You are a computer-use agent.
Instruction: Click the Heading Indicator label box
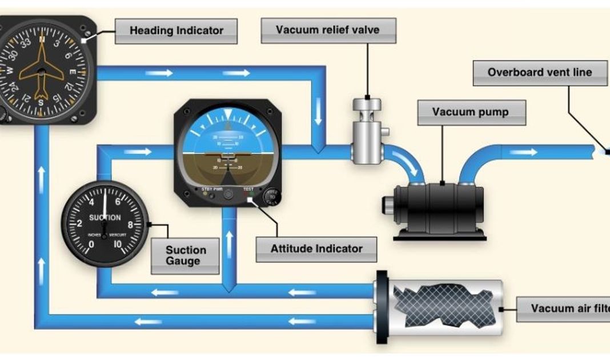[176, 31]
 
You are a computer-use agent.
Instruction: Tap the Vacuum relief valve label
[327, 30]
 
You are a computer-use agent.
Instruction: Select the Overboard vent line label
[539, 73]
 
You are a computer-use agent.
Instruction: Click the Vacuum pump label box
[471, 112]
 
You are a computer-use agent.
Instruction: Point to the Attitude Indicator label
[316, 249]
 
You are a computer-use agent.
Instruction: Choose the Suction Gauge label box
[185, 255]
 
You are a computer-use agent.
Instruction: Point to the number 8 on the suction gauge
[130, 225]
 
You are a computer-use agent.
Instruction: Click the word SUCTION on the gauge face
[105, 218]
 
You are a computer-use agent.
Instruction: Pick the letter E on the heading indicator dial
[72, 73]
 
